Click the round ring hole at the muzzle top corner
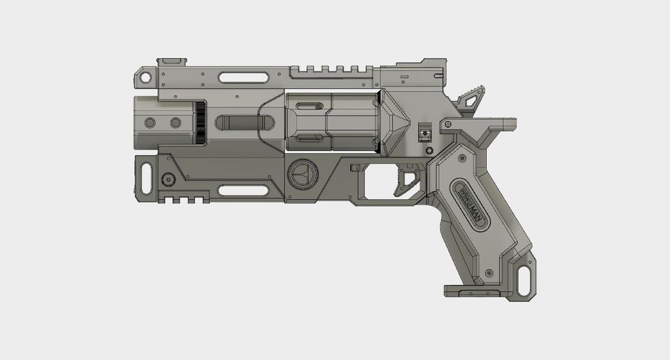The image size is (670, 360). click(145, 78)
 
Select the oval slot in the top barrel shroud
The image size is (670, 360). click(243, 78)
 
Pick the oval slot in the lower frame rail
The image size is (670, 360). click(243, 190)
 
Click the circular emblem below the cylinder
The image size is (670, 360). click(302, 174)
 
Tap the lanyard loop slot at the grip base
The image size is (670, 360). click(523, 279)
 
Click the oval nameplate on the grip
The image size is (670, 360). click(471, 204)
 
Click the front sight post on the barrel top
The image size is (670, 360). click(173, 62)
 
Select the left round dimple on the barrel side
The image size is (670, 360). click(150, 122)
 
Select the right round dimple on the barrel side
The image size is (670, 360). click(175, 122)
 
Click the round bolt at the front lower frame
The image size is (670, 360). click(169, 178)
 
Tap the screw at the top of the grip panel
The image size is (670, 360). click(463, 158)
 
